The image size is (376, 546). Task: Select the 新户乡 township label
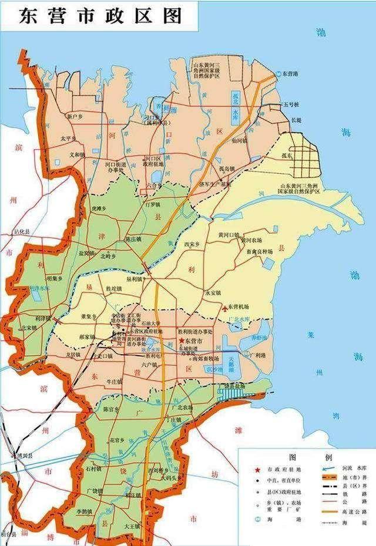coord(76,117)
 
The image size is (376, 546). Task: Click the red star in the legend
coord(256,470)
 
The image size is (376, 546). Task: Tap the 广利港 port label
coord(258,355)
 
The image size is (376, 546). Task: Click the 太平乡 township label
coord(68,139)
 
